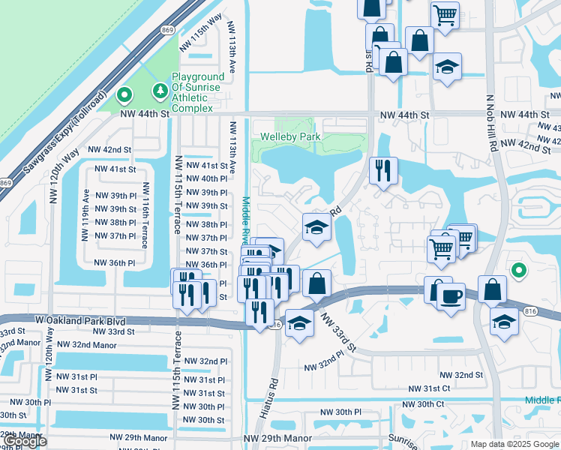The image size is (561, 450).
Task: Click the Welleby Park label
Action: tap(290, 136)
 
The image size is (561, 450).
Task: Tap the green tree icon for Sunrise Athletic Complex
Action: tap(160, 91)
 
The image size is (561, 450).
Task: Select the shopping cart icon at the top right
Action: tap(445, 13)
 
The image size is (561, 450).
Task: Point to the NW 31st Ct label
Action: tap(429, 388)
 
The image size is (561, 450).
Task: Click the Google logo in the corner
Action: tap(25, 441)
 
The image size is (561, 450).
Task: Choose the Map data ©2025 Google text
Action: tap(514, 444)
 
